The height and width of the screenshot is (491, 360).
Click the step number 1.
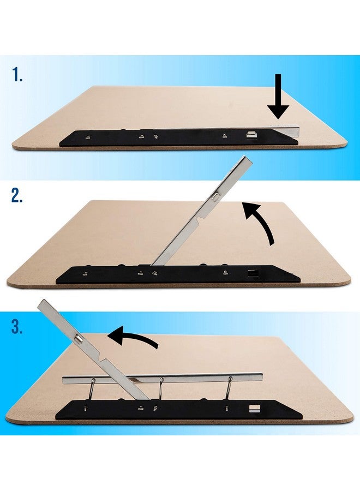(16, 75)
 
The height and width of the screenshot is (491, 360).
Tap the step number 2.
(17, 197)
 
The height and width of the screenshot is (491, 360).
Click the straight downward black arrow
(279, 98)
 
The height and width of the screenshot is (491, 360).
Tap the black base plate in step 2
(180, 274)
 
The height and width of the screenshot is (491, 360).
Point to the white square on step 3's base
(253, 408)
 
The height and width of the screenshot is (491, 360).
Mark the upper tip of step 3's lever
(41, 303)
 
